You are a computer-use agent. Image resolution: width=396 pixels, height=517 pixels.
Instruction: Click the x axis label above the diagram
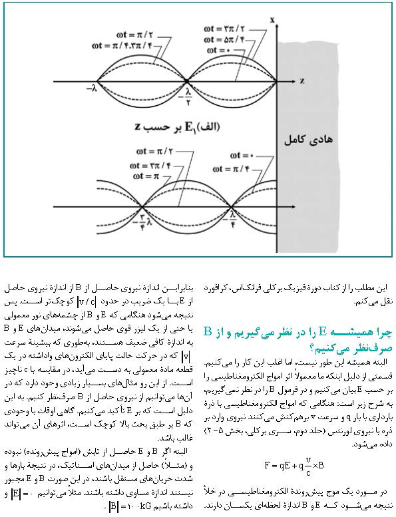pyautogui.click(x=273, y=21)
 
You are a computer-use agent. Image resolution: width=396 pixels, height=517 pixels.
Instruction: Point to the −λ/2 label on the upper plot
pyautogui.click(x=188, y=98)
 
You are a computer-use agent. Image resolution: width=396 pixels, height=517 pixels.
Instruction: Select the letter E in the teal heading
pyautogui.click(x=323, y=331)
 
